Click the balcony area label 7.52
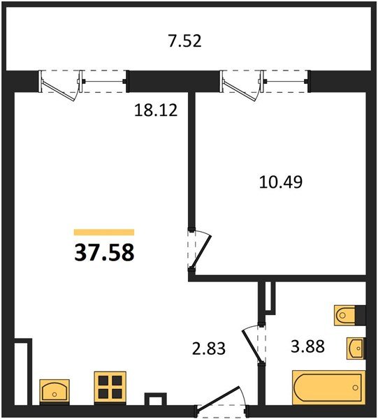[184, 41]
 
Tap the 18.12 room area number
[156, 110]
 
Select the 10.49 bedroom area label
[281, 182]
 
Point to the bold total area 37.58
[104, 253]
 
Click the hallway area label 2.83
[209, 348]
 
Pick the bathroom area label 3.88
[307, 346]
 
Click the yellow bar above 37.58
[104, 233]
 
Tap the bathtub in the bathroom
[329, 387]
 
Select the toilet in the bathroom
[345, 316]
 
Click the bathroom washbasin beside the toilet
[356, 348]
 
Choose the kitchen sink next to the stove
[54, 391]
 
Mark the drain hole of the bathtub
[355, 388]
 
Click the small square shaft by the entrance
[156, 399]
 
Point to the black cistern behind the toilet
[361, 316]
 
